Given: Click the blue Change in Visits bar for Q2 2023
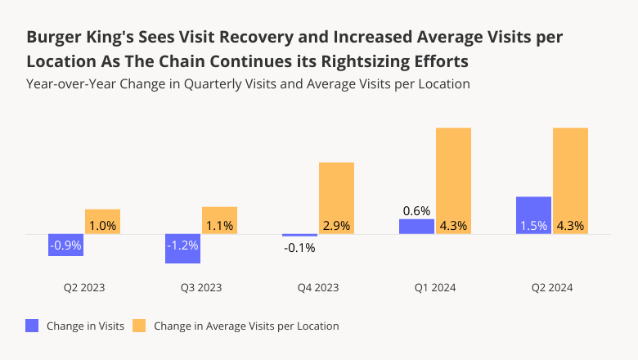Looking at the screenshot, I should [x=65, y=245].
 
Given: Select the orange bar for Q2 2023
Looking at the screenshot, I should [x=102, y=222].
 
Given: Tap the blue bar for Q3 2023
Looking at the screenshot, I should [x=182, y=249].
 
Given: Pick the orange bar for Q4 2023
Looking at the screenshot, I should [x=336, y=198].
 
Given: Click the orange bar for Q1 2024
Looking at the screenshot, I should [x=453, y=181].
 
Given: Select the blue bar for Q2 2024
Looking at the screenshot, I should [x=533, y=215].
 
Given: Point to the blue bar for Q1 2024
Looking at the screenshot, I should [x=416, y=227].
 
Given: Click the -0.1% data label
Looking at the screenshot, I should [x=299, y=248].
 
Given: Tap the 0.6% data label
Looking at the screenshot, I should [x=416, y=211].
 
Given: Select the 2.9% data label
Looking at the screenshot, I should [x=336, y=225].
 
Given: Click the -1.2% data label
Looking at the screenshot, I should [x=182, y=245].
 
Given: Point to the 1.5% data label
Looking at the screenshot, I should [x=533, y=225].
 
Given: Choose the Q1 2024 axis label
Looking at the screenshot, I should [x=434, y=288].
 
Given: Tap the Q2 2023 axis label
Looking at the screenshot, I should [x=83, y=288].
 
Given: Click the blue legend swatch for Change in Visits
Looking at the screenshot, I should [x=33, y=326].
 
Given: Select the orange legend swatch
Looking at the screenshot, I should [x=140, y=326].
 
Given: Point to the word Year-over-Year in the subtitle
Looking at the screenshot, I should [x=64, y=83].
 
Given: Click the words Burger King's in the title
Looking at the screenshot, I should [x=79, y=38].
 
